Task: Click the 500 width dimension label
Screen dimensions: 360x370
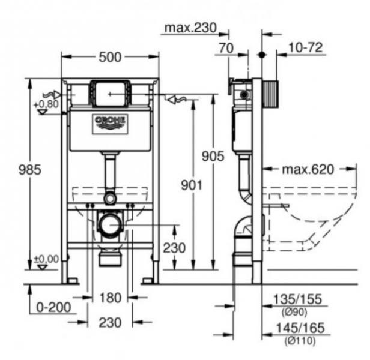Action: click(111, 56)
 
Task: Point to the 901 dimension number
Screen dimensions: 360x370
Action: click(192, 185)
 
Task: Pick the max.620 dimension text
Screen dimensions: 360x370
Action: click(308, 169)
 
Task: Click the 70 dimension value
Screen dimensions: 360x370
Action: click(227, 48)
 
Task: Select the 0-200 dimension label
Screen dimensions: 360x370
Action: click(53, 307)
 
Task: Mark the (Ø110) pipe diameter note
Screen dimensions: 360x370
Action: click(296, 340)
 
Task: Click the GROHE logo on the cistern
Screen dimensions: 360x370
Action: click(110, 122)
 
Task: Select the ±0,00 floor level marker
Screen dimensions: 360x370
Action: click(45, 259)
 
